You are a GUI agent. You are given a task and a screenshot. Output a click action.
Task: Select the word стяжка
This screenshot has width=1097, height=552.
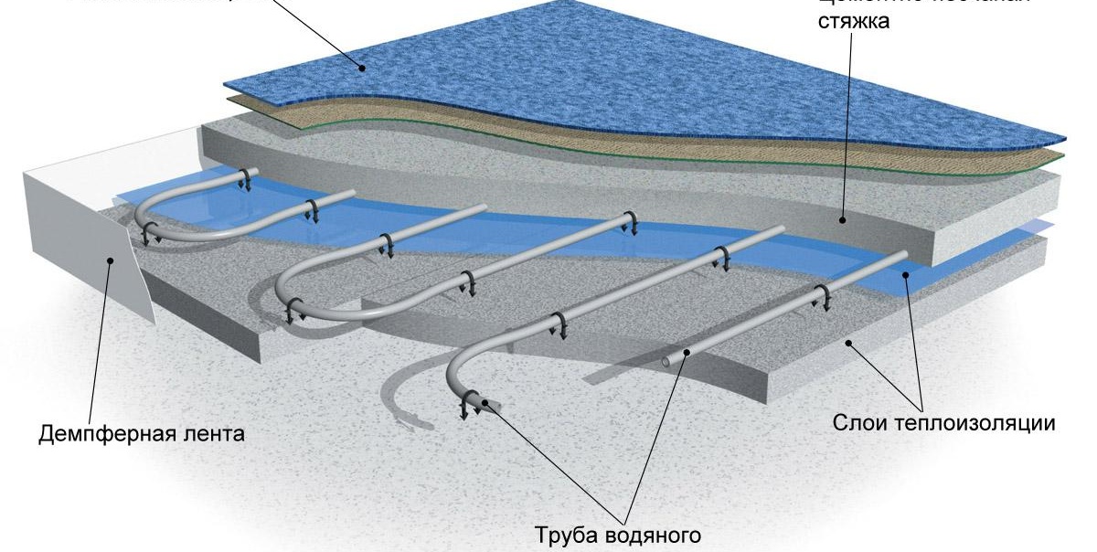tap(854, 19)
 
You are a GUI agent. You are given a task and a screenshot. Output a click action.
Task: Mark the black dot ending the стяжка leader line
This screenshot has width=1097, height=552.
tap(843, 218)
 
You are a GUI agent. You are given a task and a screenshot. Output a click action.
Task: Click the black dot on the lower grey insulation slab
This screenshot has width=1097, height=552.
tap(849, 344)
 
